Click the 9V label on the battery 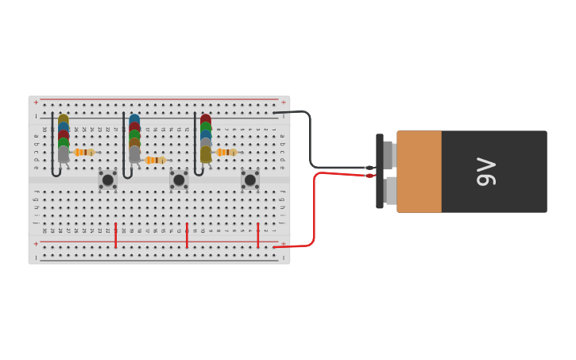485,172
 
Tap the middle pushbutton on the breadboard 179,180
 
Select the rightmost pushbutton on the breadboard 250,180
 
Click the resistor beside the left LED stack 84,152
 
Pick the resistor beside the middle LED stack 156,160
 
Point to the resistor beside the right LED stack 226,152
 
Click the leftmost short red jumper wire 116,235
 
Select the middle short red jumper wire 187,235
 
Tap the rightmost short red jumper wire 258,235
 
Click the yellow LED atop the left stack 63,120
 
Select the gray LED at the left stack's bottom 64,153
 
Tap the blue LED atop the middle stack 134,120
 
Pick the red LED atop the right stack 206,119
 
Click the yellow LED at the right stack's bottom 206,153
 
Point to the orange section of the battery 419,172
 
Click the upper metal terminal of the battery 389,155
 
